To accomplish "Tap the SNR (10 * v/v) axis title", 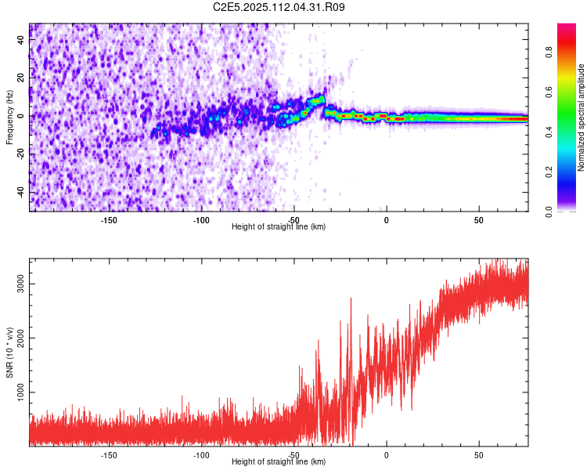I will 9,352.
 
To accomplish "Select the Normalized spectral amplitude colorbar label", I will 582,118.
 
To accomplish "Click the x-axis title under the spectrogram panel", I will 279,226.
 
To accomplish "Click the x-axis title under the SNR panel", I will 279,461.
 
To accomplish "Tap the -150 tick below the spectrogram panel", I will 109,220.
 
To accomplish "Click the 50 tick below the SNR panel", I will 478,454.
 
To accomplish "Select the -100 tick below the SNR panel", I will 201,454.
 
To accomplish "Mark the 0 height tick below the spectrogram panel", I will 386,220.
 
